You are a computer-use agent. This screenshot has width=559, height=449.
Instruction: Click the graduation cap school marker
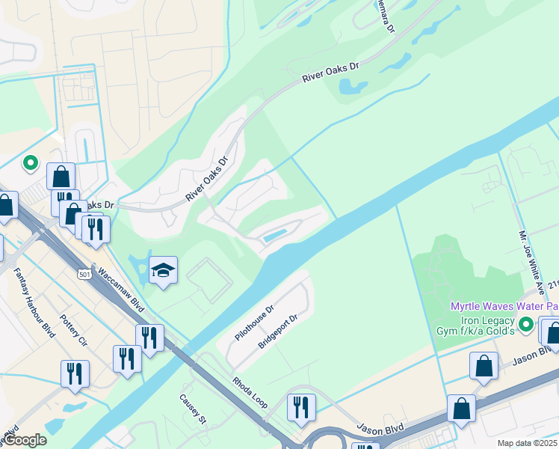(x=163, y=269)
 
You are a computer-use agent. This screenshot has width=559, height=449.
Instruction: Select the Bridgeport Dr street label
(x=278, y=332)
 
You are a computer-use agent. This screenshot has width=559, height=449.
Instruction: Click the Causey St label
(x=193, y=409)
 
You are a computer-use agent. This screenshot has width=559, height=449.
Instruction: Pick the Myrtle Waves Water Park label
(x=503, y=307)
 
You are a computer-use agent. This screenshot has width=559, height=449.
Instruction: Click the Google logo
(x=25, y=440)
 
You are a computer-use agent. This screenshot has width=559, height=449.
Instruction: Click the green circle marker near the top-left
(x=31, y=162)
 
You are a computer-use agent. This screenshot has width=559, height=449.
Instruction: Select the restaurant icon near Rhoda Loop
(x=301, y=406)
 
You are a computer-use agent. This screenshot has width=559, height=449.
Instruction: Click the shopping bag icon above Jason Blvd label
(x=484, y=365)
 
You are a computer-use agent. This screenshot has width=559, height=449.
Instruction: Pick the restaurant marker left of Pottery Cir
(x=75, y=373)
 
